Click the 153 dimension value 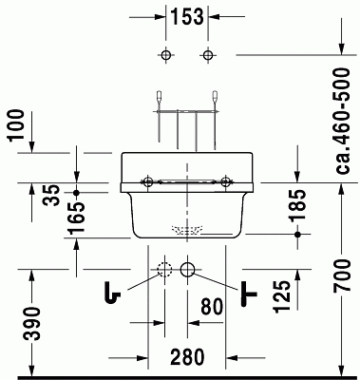(x=187, y=16)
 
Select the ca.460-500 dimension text (x=343, y=121)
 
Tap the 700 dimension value (x=343, y=275)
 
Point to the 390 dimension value (x=33, y=323)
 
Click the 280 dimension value (x=187, y=357)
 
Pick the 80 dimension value (x=212, y=307)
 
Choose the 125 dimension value (x=283, y=296)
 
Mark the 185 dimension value (x=298, y=204)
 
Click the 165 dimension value (x=77, y=218)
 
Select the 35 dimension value (x=51, y=196)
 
